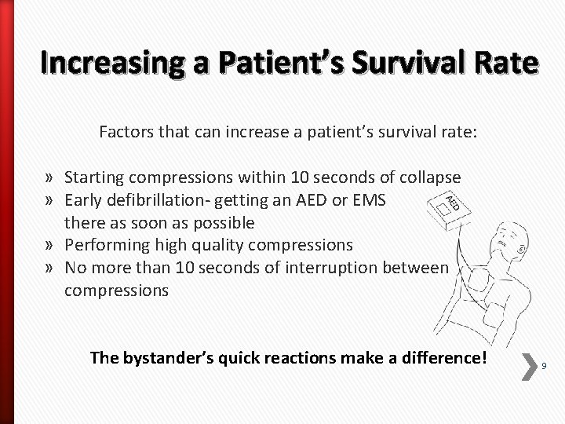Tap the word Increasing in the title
[102, 64]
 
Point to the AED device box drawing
[449, 207]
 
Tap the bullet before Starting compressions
[51, 177]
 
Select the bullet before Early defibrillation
[51, 200]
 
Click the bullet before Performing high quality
[51, 245]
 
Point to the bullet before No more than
[51, 268]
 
